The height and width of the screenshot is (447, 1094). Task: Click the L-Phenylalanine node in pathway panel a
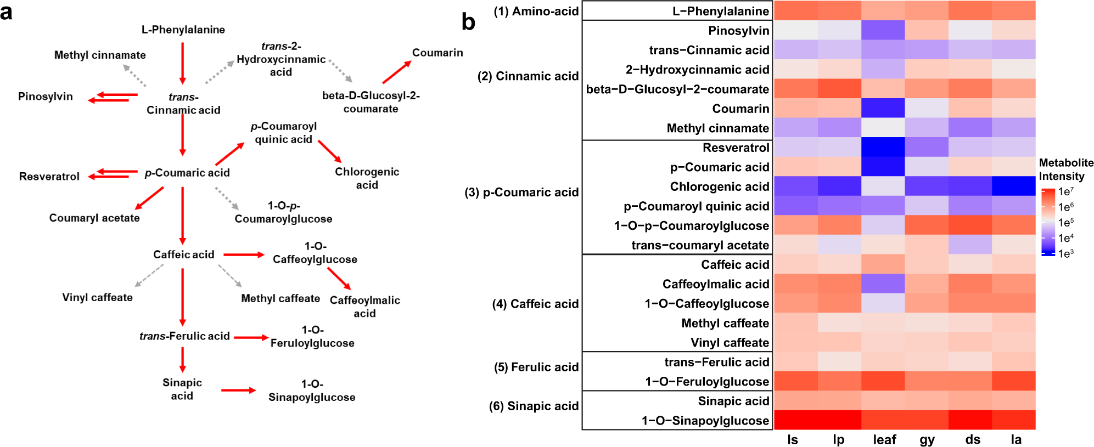tap(183, 30)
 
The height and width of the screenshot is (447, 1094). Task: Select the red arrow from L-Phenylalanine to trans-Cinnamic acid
tap(183, 63)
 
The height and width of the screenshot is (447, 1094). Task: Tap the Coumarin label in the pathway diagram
tap(437, 53)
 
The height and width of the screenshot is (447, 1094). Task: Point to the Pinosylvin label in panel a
tap(46, 97)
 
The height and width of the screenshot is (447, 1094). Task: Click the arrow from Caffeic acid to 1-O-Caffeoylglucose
tap(244, 254)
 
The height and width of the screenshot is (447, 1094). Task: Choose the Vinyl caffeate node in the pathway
tap(97, 297)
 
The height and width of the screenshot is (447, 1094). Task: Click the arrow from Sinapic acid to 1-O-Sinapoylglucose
tap(238, 390)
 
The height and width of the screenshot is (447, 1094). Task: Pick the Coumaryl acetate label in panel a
tap(94, 218)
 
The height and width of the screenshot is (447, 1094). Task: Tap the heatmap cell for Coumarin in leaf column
tap(883, 108)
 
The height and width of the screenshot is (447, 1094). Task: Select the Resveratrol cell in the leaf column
tap(883, 147)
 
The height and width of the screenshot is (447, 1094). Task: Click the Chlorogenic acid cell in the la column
tap(1013, 186)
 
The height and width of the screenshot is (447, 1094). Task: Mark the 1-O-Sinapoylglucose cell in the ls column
tap(795, 420)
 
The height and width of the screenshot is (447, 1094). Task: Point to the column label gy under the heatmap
tap(927, 440)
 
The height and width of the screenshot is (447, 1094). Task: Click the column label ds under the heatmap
tap(973, 440)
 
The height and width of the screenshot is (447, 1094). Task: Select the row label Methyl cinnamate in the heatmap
tap(717, 128)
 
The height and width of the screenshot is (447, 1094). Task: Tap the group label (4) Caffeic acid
tap(535, 304)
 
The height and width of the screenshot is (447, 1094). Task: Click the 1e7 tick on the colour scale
tap(1065, 191)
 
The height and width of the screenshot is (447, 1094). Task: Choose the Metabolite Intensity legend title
tap(1066, 169)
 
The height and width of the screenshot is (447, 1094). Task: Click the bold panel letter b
tap(468, 22)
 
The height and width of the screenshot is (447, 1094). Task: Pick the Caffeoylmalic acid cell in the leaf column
tap(883, 284)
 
